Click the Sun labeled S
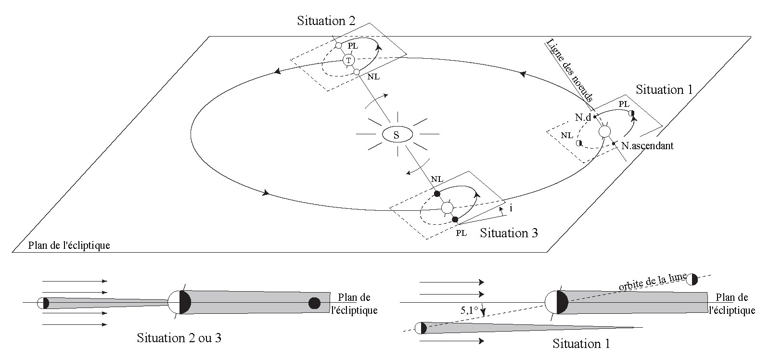pos(396,135)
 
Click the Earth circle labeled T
pos(349,60)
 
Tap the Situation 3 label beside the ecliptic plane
pos(509,233)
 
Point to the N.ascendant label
pos(647,145)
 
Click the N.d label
pos(582,117)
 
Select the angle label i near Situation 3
pos(510,208)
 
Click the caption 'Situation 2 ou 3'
pos(179,337)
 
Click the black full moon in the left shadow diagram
pos(314,303)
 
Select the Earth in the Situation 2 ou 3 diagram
pos(179,302)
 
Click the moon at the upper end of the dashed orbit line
pos(692,279)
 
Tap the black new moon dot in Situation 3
pos(436,194)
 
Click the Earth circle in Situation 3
pos(447,208)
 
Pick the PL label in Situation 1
pos(624,104)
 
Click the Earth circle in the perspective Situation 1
pos(604,131)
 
